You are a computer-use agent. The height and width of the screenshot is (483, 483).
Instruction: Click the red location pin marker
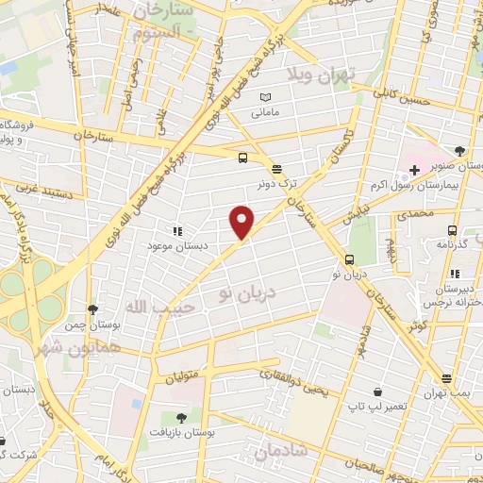coord(242,222)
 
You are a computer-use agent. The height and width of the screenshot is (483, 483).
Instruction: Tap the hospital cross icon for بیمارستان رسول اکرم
coord(414,169)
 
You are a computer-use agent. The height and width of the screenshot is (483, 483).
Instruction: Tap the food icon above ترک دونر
coord(276,170)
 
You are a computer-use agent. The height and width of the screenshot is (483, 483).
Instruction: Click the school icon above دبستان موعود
coord(175,230)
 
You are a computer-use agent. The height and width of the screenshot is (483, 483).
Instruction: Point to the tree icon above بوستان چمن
coord(92,308)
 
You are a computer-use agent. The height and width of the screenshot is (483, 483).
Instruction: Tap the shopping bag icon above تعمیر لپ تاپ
coord(377,391)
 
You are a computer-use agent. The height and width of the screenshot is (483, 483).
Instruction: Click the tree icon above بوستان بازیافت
coord(180,417)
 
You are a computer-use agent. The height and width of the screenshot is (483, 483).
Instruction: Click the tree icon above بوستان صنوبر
coord(459,151)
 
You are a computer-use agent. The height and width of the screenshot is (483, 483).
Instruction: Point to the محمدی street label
coord(415,214)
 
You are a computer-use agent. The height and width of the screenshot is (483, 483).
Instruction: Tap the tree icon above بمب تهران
coord(445,378)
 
